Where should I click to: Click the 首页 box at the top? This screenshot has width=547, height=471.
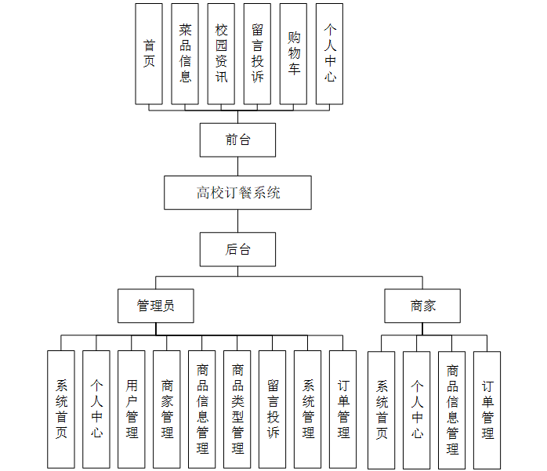click(149, 53)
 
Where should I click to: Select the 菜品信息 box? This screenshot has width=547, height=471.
click(185, 53)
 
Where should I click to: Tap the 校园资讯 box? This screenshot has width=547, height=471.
click(221, 53)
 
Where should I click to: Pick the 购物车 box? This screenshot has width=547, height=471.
click(293, 53)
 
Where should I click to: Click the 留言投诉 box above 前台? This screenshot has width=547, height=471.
click(257, 53)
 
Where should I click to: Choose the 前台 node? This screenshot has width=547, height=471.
click(238, 140)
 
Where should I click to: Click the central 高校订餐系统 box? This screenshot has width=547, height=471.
click(238, 193)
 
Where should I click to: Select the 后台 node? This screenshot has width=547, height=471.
click(238, 250)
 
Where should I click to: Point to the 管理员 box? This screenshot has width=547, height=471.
click(156, 306)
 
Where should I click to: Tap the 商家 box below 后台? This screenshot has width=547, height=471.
click(422, 306)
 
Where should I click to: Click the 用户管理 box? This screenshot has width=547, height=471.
click(132, 409)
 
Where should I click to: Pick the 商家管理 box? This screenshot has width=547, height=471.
click(167, 409)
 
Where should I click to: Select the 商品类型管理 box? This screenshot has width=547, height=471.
click(237, 409)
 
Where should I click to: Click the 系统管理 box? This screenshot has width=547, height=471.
click(308, 409)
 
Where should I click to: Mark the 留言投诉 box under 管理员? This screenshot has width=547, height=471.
click(273, 409)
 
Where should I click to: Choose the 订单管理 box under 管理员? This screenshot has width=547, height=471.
click(343, 409)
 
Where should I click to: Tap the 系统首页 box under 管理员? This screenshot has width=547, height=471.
click(61, 409)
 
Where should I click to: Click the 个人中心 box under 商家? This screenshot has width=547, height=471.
click(417, 410)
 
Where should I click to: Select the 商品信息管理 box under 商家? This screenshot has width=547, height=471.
click(452, 410)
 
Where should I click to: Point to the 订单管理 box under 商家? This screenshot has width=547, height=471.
click(487, 410)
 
